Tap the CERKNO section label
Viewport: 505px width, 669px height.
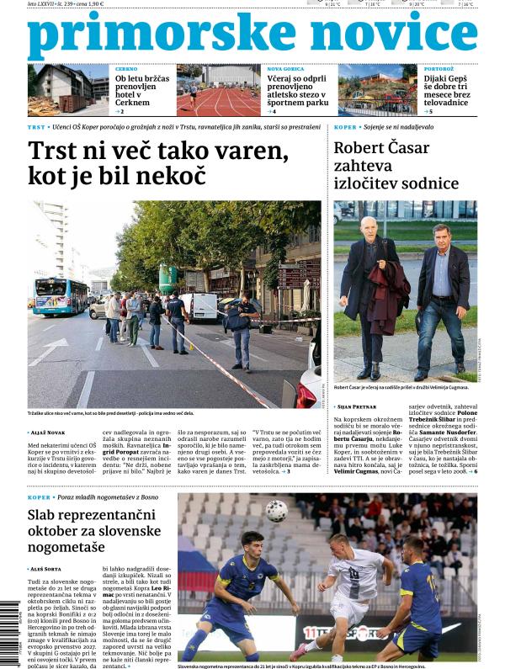tap(127, 68)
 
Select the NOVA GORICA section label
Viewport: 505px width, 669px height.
tap(286, 68)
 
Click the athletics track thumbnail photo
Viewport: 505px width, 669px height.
tap(218, 90)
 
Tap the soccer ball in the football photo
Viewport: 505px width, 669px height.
tap(276, 511)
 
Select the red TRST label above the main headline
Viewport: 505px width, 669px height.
tap(36, 127)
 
